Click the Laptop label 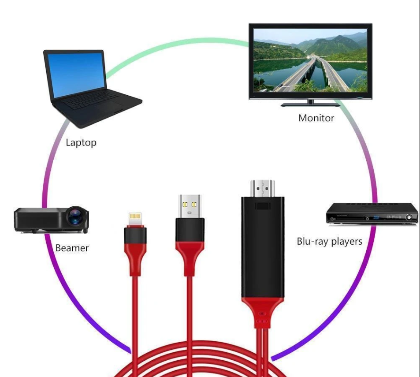click(81, 142)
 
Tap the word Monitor click(316, 118)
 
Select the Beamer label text click(72, 248)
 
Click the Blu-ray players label click(330, 241)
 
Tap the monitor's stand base click(310, 105)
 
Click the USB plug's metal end click(190, 205)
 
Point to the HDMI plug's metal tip click(263, 188)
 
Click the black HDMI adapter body click(262, 247)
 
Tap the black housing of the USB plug click(190, 229)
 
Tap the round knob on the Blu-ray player click(409, 217)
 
